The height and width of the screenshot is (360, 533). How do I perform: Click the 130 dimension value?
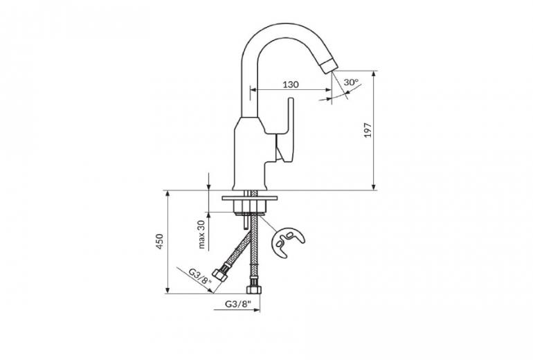point(291,84)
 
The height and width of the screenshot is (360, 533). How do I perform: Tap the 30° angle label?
point(351,82)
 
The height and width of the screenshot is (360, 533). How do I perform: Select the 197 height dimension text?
point(368,130)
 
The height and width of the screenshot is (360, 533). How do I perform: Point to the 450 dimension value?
point(160,242)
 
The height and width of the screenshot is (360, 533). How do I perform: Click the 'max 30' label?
point(201,235)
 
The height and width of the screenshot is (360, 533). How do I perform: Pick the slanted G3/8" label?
point(200,276)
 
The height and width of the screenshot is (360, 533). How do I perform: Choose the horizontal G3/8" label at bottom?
point(237,304)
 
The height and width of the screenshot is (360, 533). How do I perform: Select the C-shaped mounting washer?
point(287,242)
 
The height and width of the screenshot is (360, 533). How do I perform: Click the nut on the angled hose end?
point(219,274)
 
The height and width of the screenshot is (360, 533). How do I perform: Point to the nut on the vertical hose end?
point(253,289)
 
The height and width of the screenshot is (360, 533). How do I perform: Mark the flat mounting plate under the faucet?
point(249,198)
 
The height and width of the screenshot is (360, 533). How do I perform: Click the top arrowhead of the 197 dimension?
point(374,74)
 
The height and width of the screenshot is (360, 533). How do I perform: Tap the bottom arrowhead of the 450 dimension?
point(168,290)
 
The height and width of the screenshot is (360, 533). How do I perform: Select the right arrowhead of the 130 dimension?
point(328,90)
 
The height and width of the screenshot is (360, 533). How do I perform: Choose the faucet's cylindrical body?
point(250,154)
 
